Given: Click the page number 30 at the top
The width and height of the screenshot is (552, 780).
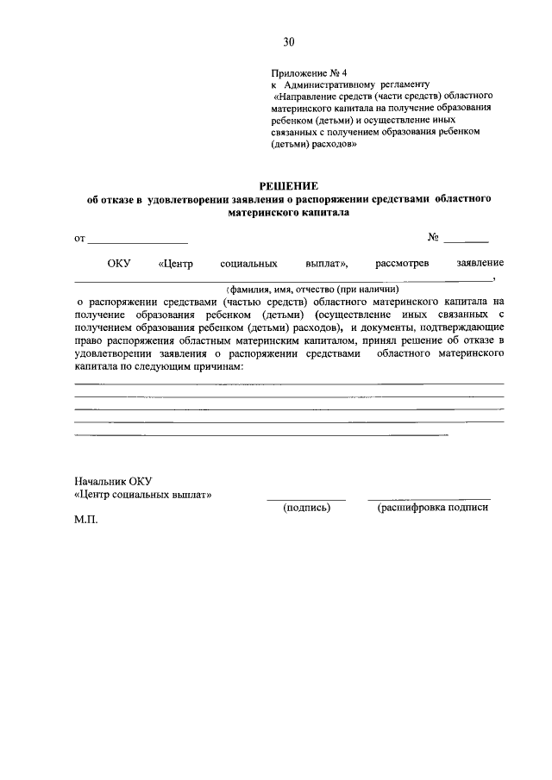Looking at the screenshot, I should [x=288, y=41].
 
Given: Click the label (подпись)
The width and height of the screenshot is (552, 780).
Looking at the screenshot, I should [x=307, y=509].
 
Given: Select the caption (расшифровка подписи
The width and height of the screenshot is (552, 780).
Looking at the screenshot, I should [x=432, y=509].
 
